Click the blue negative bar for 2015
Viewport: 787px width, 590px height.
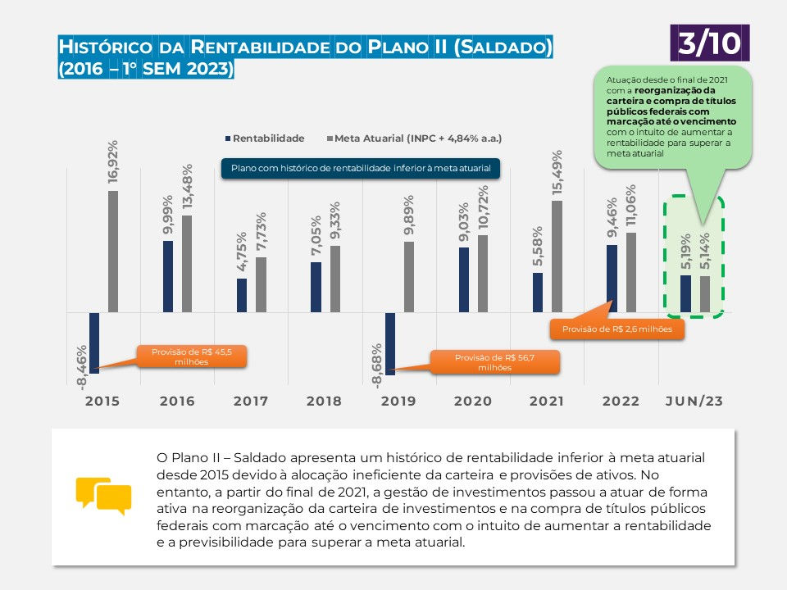pos(93,343)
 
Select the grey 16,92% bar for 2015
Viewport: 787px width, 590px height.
pos(113,252)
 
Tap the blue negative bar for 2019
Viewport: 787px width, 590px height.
pos(390,343)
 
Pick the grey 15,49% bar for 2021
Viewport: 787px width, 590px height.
pos(557,256)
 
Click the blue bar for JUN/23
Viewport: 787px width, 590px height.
pos(685,293)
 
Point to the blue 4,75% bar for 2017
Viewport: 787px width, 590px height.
pos(242,296)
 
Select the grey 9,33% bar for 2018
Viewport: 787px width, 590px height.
pos(334,279)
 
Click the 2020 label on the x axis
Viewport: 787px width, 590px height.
pos(473,401)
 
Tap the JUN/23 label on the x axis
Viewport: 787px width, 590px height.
pos(694,401)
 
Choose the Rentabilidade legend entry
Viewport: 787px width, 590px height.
pos(265,138)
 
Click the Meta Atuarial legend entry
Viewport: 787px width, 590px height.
pos(415,138)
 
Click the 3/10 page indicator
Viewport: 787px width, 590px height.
pos(710,43)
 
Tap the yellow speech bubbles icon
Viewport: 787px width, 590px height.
pos(103,496)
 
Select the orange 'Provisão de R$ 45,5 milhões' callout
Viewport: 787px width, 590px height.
pos(192,356)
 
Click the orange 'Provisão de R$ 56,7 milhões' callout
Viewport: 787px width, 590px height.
pos(494,362)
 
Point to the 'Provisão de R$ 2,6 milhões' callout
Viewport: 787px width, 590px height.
pos(616,329)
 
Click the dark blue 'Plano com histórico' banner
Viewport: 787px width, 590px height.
pos(361,169)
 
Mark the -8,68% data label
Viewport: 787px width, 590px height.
pos(376,365)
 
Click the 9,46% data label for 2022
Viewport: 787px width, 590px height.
pos(612,218)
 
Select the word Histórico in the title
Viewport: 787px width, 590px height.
pos(106,47)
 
